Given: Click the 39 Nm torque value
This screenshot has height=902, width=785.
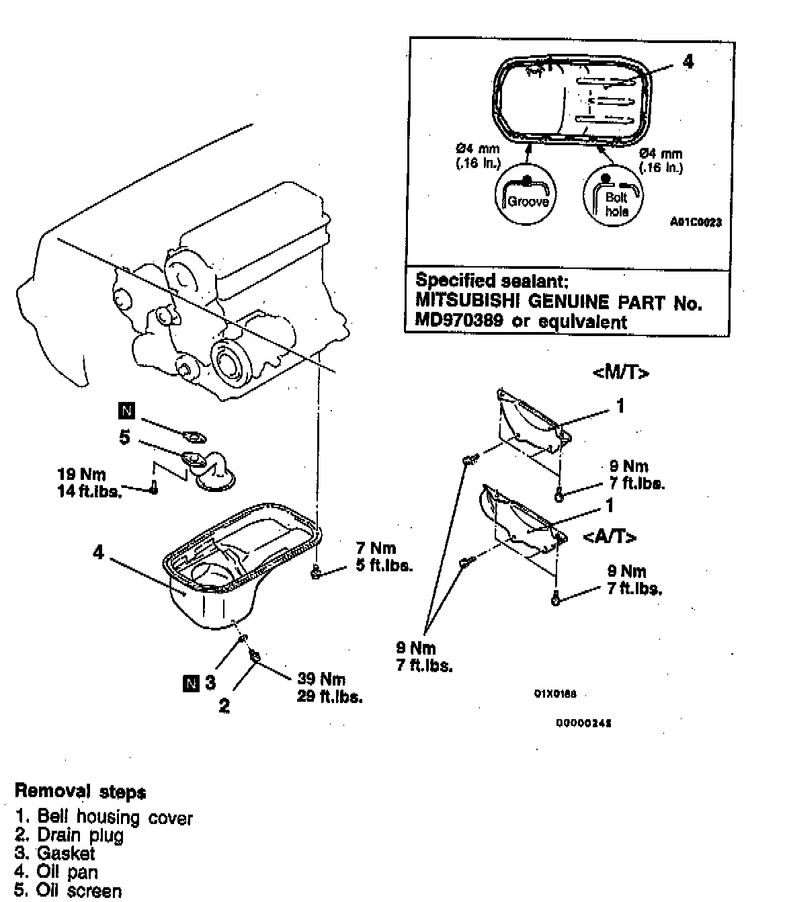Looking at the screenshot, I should (321, 679).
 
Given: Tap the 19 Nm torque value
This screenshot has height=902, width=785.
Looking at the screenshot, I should (81, 474).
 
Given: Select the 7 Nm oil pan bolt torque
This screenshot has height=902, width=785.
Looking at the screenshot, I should (376, 548).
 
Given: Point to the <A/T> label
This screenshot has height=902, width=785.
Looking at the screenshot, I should (610, 536).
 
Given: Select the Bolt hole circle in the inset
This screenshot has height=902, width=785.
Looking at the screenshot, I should (613, 196).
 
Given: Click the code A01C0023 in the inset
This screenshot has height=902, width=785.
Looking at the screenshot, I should (696, 221).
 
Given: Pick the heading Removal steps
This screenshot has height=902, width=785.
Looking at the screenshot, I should (80, 791).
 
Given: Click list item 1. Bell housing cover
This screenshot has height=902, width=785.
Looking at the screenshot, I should (104, 817).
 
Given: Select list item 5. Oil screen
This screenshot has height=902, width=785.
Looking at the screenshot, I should (69, 891).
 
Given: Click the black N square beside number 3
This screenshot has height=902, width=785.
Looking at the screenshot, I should (191, 684).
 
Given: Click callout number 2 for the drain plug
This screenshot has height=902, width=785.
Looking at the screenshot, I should (224, 705).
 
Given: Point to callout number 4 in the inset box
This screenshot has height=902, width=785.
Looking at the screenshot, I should (688, 62).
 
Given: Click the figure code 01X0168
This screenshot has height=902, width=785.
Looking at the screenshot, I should (555, 694).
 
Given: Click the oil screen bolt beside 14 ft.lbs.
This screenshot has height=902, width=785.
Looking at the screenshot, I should (154, 489).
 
